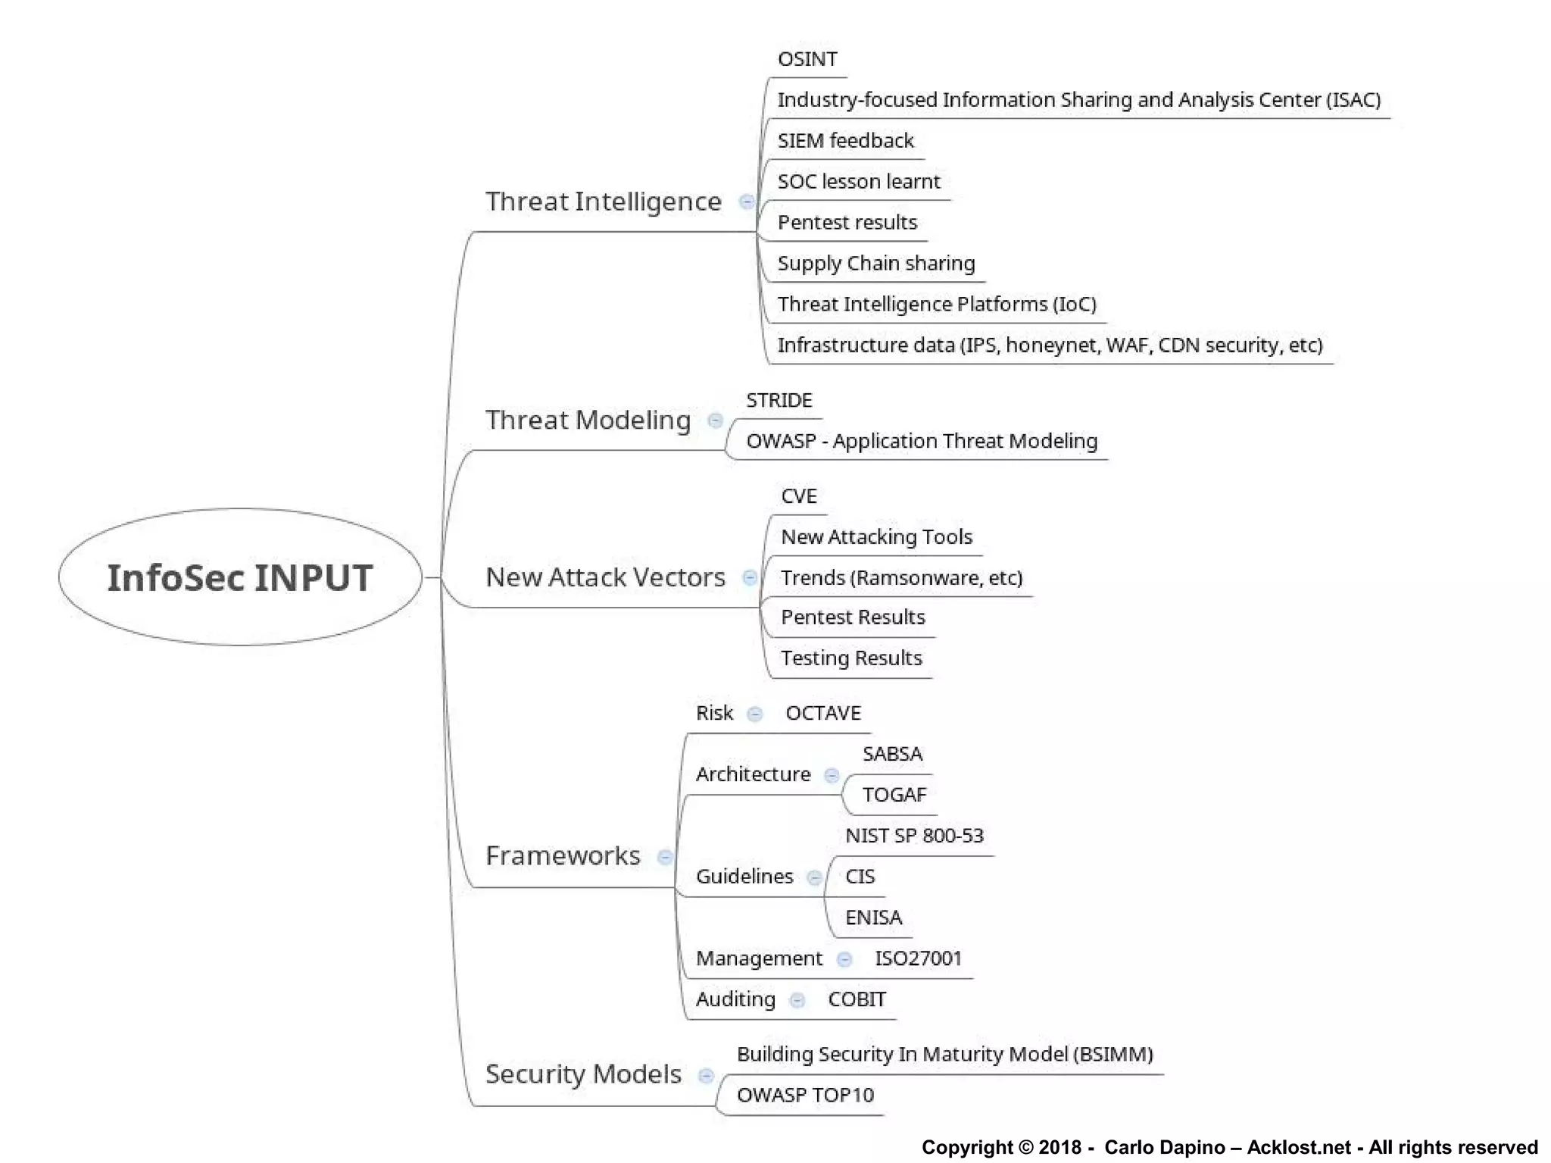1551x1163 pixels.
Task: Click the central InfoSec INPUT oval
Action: [x=239, y=577]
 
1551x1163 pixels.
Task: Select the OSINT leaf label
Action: [x=807, y=59]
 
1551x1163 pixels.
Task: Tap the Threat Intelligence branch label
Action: [x=603, y=202]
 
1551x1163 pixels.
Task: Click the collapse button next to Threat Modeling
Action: [x=714, y=420]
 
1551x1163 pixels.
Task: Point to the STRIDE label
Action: [x=779, y=400]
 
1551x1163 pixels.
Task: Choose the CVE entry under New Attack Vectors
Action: [x=798, y=496]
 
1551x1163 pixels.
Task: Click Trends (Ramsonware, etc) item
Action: [x=901, y=578]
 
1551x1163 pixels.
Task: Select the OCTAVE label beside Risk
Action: [x=823, y=714]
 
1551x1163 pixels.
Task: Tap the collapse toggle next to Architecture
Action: [x=832, y=775]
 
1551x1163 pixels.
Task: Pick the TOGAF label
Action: [x=894, y=795]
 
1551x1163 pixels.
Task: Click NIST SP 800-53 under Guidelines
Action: [x=914, y=836]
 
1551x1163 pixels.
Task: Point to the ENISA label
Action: [x=873, y=918]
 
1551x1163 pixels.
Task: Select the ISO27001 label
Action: [x=918, y=958]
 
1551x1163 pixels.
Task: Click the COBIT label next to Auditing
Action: [x=857, y=999]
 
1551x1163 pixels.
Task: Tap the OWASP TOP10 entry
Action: [x=805, y=1096]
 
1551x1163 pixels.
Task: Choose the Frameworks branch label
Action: [x=563, y=856]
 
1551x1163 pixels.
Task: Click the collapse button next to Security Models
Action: [x=705, y=1076]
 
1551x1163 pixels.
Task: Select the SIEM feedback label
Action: [x=845, y=141]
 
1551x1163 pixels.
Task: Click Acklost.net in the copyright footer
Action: [x=1298, y=1147]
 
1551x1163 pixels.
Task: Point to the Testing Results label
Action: [x=851, y=658]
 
